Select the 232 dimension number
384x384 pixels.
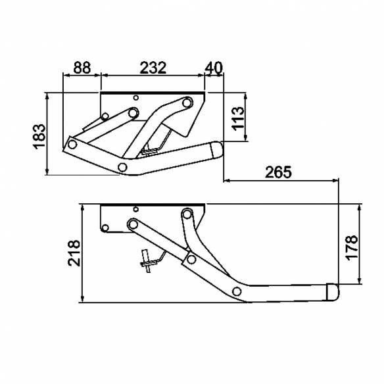click(x=153, y=67)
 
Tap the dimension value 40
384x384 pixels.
click(x=214, y=67)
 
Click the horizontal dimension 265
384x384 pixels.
click(x=278, y=172)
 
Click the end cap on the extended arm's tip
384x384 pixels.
click(x=333, y=291)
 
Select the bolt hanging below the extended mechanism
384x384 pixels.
click(x=147, y=260)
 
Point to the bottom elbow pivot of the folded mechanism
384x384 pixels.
click(x=122, y=166)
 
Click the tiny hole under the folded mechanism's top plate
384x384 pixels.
click(x=135, y=99)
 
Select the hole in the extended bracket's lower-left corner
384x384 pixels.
click(x=104, y=229)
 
